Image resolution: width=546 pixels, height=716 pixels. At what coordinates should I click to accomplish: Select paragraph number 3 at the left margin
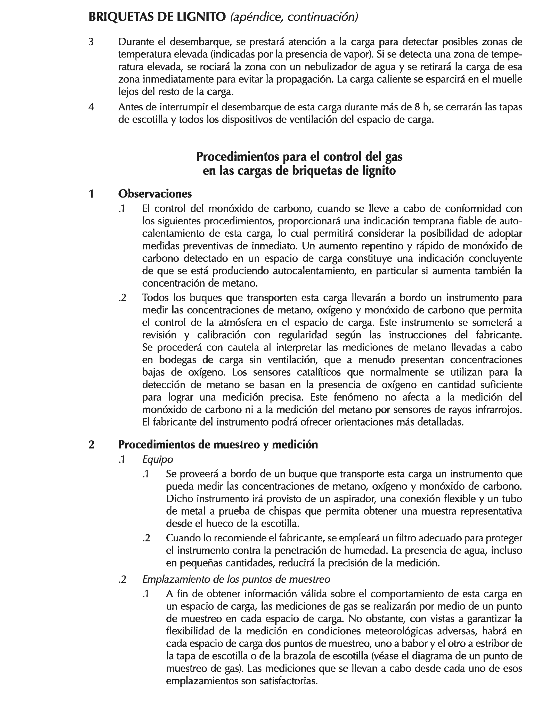(91, 42)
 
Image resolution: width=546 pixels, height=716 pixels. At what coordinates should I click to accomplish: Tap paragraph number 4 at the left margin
(91, 107)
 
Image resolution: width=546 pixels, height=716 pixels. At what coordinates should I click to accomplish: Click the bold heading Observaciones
(155, 194)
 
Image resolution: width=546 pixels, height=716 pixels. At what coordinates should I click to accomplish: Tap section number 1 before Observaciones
(91, 194)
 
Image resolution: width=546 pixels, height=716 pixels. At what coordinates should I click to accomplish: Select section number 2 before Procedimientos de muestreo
(91, 445)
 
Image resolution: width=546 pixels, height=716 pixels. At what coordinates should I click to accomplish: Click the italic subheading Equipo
(158, 460)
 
